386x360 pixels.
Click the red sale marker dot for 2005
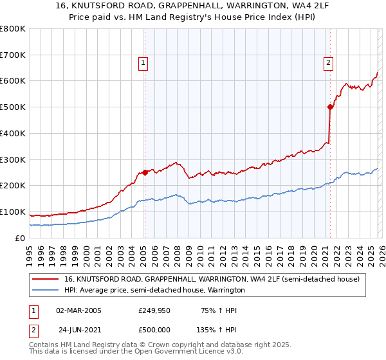(145, 172)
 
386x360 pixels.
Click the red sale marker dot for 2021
(330, 107)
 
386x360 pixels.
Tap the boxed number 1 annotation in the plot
(142, 62)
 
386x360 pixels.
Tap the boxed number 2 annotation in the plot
(328, 62)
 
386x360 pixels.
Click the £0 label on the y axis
(19, 238)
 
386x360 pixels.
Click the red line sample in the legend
(46, 279)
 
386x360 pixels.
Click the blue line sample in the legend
(46, 291)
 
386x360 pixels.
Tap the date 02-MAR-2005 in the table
(78, 310)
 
